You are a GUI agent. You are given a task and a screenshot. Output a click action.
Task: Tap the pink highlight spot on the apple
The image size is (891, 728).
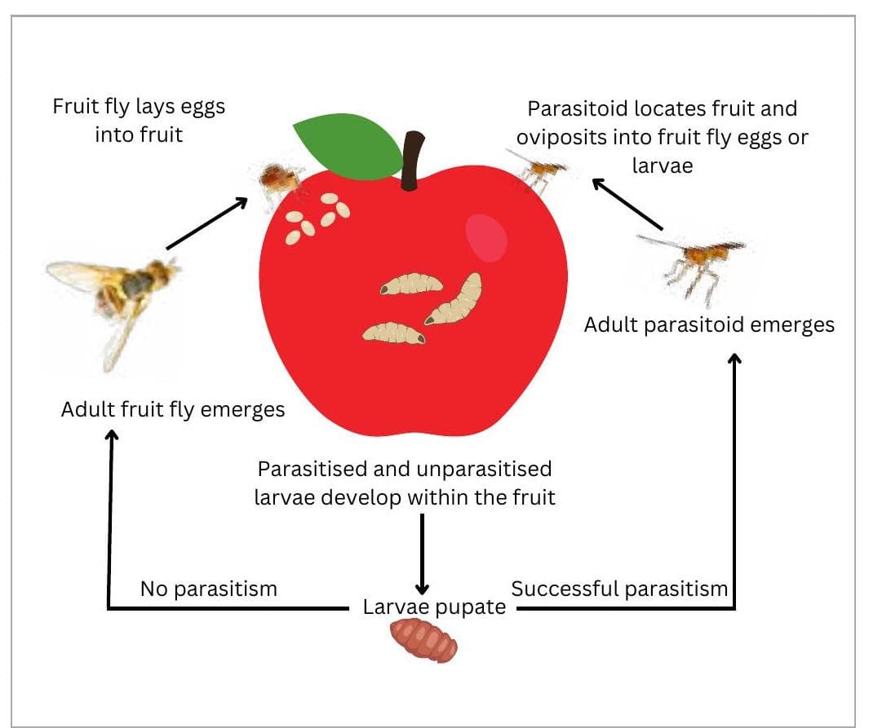[486, 237]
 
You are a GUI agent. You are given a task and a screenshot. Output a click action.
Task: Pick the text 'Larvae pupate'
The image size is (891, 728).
[434, 607]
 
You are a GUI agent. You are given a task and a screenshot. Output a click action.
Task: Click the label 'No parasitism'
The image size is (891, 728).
[209, 589]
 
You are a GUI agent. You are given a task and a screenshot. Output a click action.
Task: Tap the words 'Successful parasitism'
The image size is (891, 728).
[619, 589]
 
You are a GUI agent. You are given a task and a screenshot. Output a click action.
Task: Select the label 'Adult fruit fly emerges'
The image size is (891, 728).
[173, 409]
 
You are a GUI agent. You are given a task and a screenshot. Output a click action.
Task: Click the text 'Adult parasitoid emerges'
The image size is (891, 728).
[709, 324]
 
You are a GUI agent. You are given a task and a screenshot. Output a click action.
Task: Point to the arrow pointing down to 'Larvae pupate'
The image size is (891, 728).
[422, 554]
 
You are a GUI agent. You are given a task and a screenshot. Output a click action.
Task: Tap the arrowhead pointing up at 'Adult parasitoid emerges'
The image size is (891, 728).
[734, 360]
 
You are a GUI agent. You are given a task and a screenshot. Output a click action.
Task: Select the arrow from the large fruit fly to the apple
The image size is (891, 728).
[207, 222]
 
